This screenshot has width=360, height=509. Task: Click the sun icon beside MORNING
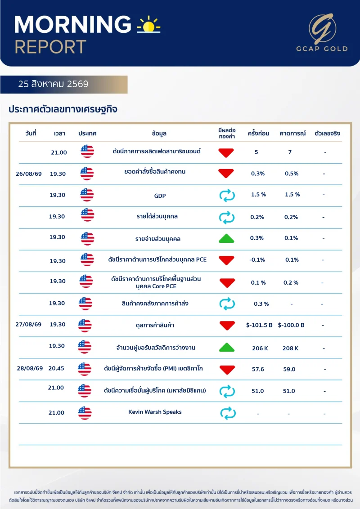pos(148,25)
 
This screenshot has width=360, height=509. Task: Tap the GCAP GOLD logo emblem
pos(322,29)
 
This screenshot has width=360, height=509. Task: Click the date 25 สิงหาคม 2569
pos(53,84)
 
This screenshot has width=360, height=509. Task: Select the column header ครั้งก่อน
pos(258,133)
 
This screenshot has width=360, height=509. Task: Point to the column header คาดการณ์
pos(292,133)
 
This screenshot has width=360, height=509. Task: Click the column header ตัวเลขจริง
pos(327,133)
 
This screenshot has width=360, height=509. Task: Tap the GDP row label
pos(160,196)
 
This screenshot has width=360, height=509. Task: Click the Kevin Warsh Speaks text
pos(155,412)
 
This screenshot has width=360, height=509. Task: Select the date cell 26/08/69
pos(29,174)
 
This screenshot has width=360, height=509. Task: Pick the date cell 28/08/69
pos(30,368)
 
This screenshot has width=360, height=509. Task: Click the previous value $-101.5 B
pos(259,325)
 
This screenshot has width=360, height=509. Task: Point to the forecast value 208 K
pos(290,348)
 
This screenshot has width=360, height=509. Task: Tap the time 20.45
pos(56,368)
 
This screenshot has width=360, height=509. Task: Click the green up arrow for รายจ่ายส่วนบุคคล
pos(226,239)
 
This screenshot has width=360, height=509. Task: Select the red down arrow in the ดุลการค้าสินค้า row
pos(227,325)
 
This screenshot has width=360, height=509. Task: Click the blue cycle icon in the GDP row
pos(227,196)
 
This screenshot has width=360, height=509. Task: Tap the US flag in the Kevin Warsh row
pos(85,413)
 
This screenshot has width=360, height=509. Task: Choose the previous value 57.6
pos(258,369)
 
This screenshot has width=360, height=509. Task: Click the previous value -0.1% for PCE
pos(257,260)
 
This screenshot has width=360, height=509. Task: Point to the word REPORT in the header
pos(50,47)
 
